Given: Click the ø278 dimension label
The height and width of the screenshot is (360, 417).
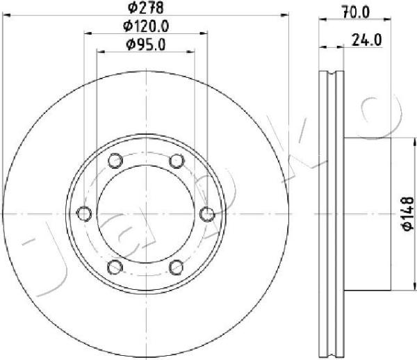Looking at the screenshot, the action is (x=145, y=8).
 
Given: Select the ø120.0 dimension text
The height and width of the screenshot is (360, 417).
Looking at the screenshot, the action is (x=146, y=26).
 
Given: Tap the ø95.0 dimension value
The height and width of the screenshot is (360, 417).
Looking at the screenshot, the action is (x=145, y=44).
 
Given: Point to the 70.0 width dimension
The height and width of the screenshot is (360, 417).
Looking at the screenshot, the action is (x=356, y=13).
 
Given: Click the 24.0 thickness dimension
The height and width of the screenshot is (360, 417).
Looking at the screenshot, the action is (x=366, y=40).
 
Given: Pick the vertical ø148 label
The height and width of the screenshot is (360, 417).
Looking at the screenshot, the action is (x=407, y=213).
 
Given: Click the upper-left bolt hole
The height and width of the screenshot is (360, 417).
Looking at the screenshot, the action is (x=115, y=161).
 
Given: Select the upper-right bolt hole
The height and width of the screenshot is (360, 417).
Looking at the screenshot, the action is (x=177, y=161).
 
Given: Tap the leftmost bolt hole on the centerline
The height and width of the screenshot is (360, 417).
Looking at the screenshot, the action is (x=84, y=213).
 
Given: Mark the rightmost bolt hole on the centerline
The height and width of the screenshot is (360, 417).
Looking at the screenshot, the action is (x=207, y=214).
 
